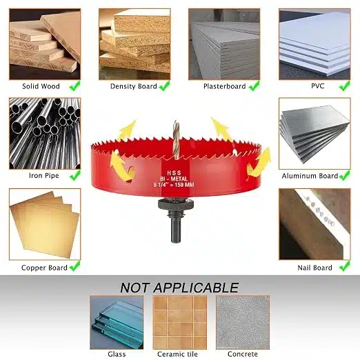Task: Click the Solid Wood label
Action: point(41,86)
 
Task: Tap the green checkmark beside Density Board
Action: point(165,86)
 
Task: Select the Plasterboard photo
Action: point(224,44)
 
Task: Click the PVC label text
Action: point(318,86)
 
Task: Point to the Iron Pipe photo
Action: point(45,133)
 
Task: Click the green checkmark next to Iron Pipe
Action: point(75,175)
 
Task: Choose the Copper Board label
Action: point(44,268)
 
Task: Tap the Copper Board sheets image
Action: point(45,224)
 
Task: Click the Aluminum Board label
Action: point(310,176)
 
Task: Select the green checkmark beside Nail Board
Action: point(345,266)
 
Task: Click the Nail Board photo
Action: point(314,224)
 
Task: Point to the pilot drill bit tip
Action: point(176,121)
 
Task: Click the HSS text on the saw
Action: point(174,173)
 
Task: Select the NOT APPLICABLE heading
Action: point(179,288)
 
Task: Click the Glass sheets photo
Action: point(117,323)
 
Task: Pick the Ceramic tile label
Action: point(177,354)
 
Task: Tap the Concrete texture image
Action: point(243,323)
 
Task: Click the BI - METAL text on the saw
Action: point(174,179)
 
